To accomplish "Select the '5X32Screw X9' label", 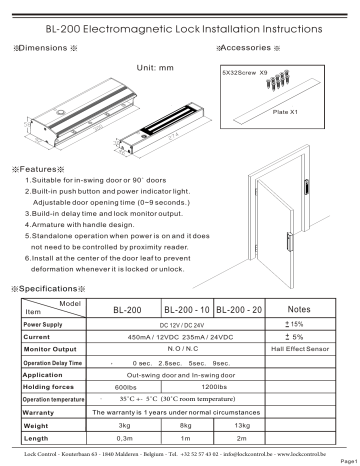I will click(x=243, y=73).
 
